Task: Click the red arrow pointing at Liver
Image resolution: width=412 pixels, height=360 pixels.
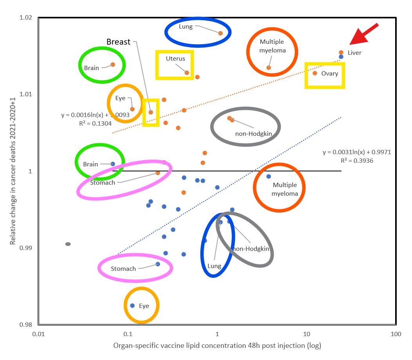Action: [363, 34]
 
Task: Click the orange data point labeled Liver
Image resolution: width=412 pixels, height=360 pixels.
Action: [341, 52]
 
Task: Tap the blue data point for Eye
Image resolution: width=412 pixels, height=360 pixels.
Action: [132, 306]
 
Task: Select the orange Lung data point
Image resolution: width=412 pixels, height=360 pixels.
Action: [220, 33]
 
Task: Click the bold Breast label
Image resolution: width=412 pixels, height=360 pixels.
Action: [118, 42]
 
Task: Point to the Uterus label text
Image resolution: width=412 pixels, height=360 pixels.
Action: [175, 59]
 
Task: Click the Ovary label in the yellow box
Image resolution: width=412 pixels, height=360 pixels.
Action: [329, 74]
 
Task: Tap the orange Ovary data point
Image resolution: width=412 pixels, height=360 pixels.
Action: [315, 73]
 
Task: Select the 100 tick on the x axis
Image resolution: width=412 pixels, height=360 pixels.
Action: [396, 334]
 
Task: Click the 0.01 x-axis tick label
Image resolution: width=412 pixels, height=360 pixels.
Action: [38, 334]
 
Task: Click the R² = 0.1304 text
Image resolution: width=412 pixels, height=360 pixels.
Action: [95, 123]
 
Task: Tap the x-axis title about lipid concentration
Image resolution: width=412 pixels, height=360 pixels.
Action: [217, 346]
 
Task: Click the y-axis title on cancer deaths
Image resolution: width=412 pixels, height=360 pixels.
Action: [13, 171]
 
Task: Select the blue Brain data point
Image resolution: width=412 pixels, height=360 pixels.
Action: [113, 164]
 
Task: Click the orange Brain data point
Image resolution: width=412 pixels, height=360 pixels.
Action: [113, 65]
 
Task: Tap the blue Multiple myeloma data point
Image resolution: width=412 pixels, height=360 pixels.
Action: [269, 176]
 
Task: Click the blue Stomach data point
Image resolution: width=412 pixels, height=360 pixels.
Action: [158, 264]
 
